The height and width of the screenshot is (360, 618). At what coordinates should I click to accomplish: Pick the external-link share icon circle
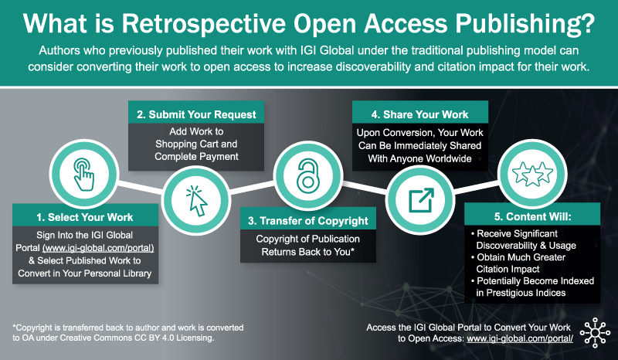420,200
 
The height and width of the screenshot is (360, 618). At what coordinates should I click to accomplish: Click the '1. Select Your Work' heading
84,216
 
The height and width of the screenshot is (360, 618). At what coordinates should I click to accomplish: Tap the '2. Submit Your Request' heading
196,114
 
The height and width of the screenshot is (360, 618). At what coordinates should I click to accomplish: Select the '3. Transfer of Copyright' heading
308,220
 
